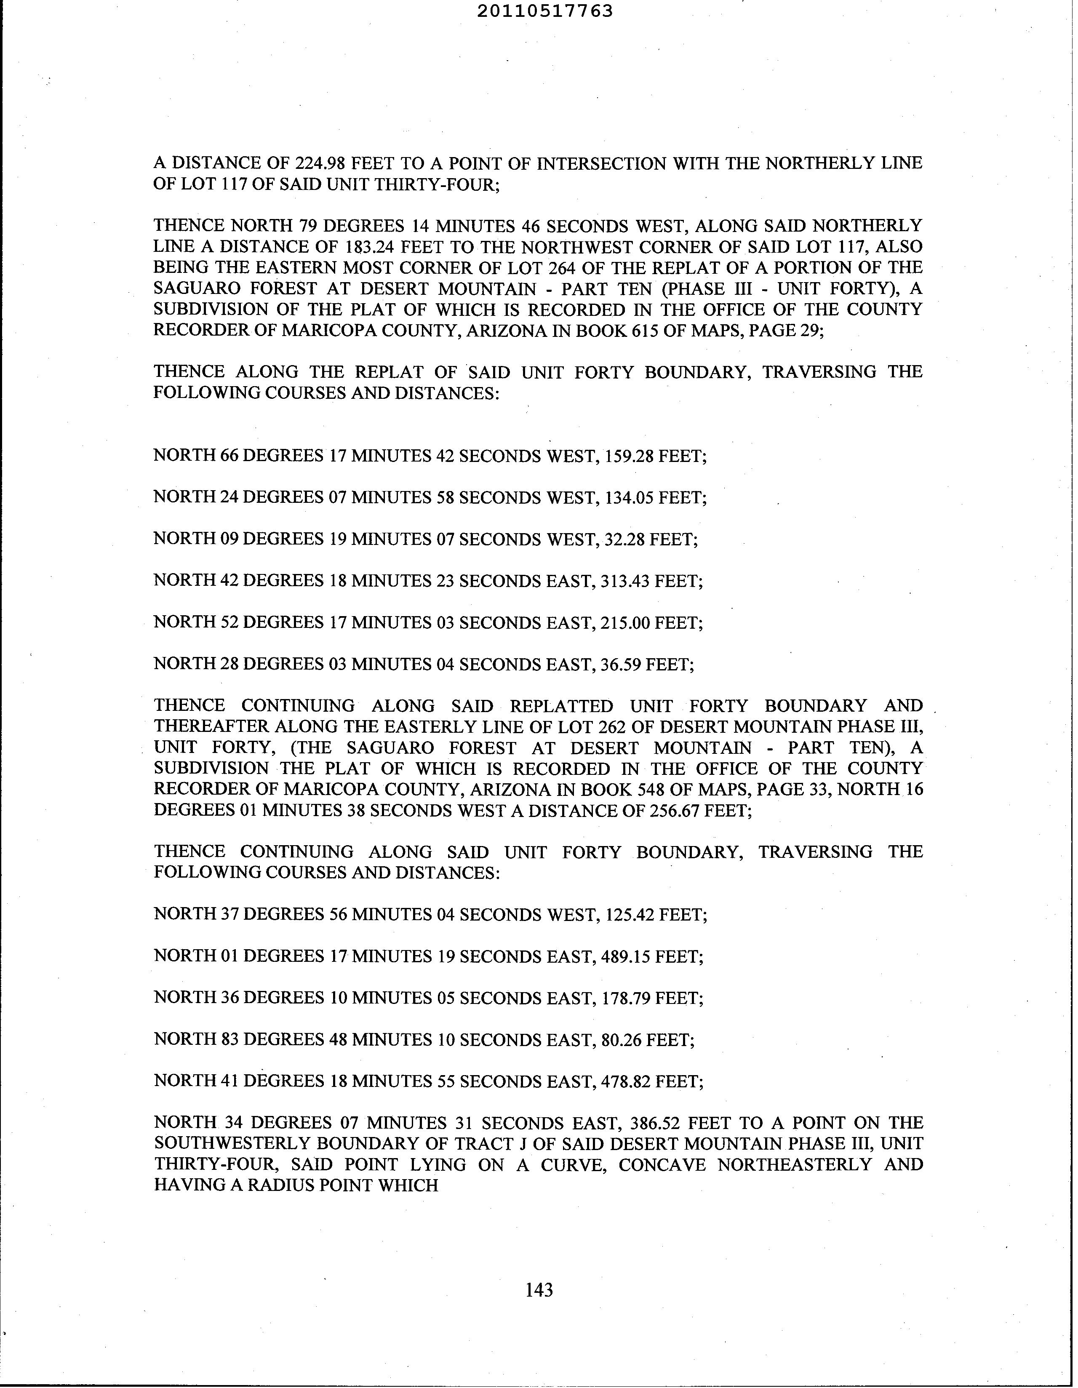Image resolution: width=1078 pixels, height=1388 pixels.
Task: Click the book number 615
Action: click(644, 331)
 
